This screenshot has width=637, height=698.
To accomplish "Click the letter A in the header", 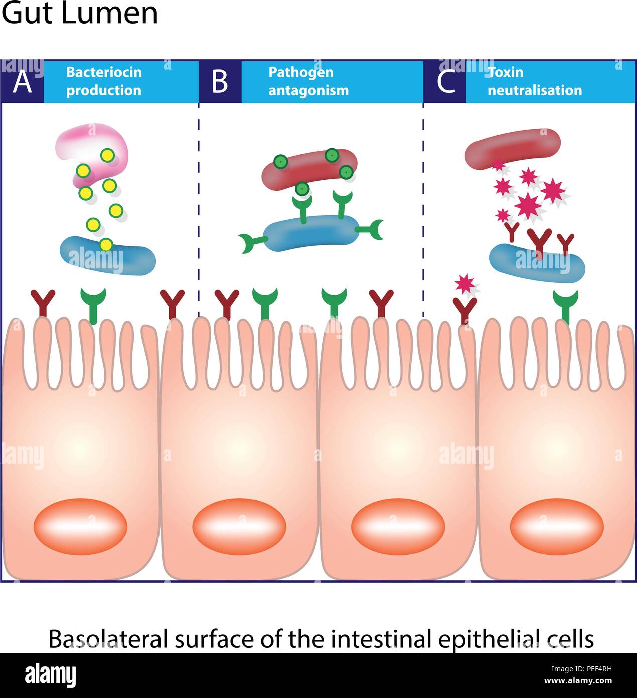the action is (22, 82).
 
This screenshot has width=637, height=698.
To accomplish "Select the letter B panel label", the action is (219, 82).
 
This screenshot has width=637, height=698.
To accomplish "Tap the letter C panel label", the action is (446, 82).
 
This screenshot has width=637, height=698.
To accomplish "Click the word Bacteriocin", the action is (104, 72).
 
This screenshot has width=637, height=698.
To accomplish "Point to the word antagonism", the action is (308, 91).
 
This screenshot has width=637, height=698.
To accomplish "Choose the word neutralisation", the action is (535, 90).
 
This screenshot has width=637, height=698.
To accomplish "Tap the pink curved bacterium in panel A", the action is (92, 153).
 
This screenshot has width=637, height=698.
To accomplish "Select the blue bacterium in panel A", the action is (108, 256).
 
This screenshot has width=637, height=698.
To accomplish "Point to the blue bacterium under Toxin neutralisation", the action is (537, 263).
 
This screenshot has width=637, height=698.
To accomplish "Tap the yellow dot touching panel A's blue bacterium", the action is (106, 245).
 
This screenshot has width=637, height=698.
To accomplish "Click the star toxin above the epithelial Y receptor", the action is (465, 283).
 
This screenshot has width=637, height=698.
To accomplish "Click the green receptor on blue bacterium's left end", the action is (252, 242).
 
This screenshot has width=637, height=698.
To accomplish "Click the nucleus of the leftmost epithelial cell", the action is (80, 526).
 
